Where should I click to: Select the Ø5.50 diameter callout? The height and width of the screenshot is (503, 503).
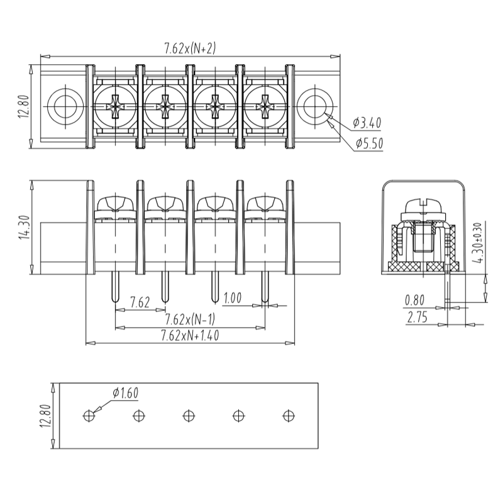[x=368, y=143]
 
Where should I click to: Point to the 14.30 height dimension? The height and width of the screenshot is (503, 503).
[x=24, y=228]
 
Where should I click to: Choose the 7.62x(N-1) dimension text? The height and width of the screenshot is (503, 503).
[x=190, y=319]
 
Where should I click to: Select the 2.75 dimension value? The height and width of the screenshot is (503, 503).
[x=417, y=318]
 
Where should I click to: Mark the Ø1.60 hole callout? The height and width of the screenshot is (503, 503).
[x=125, y=393]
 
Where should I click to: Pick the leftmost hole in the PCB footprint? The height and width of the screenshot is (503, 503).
[x=89, y=416]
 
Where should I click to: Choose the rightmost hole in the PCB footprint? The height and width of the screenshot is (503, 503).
[x=288, y=416]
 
